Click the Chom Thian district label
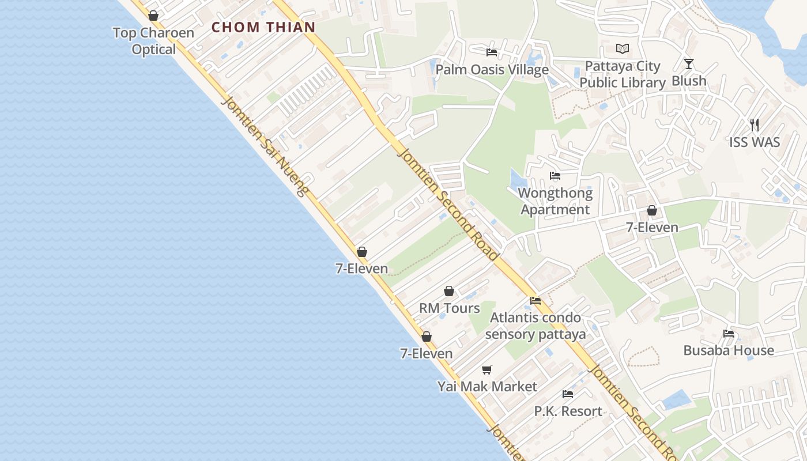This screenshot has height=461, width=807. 263,27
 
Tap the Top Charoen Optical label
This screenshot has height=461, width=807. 153,41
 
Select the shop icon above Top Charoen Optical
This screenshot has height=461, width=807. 153,16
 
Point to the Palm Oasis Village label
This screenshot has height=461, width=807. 492,70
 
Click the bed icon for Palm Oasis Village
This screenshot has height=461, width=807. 492,52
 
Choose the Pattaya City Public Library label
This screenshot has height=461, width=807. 623,74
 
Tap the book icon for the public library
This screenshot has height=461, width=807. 623,49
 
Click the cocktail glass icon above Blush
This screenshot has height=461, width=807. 689,63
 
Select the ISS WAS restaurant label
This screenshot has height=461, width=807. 755,142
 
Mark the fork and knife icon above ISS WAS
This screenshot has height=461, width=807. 755,124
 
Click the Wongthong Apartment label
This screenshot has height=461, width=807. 555,201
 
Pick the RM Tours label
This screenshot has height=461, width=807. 449,308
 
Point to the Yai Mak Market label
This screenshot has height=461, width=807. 487,387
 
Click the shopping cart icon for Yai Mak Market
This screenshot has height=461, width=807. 487,369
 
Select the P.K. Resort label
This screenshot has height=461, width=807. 568,411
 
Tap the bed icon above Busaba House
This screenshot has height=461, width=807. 729,333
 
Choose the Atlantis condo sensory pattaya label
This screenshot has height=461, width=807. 536,326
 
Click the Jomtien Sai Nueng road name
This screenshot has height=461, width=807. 265,147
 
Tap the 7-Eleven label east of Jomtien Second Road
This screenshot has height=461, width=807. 652,228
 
